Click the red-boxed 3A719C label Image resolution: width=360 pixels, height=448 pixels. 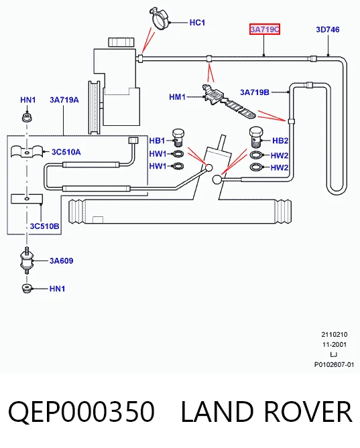(x=265, y=29)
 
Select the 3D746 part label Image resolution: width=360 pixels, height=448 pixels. (x=328, y=29)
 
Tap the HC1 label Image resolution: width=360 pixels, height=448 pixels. (x=197, y=23)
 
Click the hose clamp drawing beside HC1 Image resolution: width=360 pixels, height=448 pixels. (x=160, y=18)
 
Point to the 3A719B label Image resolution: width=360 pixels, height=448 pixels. (x=255, y=92)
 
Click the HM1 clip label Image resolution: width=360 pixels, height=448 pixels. (x=177, y=97)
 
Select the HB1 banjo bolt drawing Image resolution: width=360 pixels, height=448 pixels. (x=178, y=138)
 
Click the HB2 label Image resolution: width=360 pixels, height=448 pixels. (x=280, y=141)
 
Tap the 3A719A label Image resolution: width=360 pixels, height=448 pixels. (x=64, y=100)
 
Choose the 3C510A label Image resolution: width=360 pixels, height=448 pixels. (x=66, y=152)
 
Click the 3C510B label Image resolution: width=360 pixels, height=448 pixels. (x=45, y=226)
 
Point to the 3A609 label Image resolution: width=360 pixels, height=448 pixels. (x=62, y=260)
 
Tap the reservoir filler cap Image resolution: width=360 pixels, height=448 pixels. (x=121, y=42)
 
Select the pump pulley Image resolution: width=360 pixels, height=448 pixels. (x=95, y=107)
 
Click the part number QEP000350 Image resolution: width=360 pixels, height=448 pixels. (x=82, y=411)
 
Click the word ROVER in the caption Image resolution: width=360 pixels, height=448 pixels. (x=308, y=411)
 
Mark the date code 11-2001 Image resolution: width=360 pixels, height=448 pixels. (x=335, y=345)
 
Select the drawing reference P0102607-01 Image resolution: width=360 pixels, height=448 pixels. (x=334, y=365)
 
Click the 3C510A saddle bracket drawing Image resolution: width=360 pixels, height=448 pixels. (x=27, y=151)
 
